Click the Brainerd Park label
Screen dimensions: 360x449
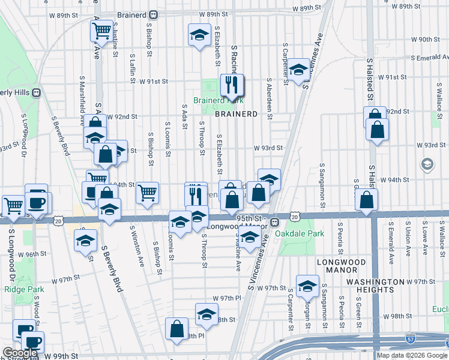tap(217, 100)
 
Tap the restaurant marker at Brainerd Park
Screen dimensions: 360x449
tap(231, 86)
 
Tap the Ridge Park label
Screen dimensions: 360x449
tap(20, 289)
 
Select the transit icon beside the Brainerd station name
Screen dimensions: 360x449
tap(154, 14)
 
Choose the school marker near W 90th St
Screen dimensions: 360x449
tap(199, 35)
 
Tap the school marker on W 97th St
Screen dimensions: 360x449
tap(308, 286)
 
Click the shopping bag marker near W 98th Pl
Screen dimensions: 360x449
tap(177, 329)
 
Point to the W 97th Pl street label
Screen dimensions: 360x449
tap(226, 298)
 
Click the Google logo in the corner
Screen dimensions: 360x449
tap(20, 353)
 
